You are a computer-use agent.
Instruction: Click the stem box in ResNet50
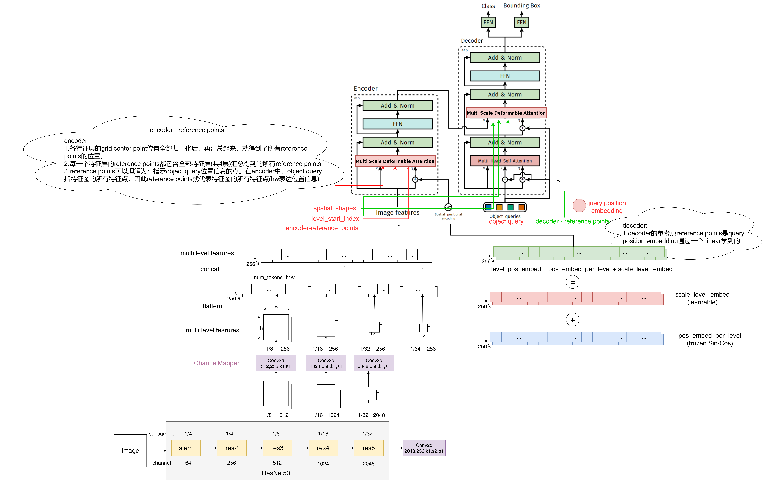click(186, 448)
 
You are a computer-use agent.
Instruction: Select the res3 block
click(277, 448)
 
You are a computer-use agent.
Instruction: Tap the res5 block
click(369, 448)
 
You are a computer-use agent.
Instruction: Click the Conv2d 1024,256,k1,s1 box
click(326, 363)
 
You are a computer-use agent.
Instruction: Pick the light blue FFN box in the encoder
click(398, 124)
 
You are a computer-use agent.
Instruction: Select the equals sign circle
click(572, 282)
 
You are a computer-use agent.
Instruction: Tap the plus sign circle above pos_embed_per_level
click(572, 320)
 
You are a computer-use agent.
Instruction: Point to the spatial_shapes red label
click(335, 208)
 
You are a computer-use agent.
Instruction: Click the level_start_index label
click(335, 218)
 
